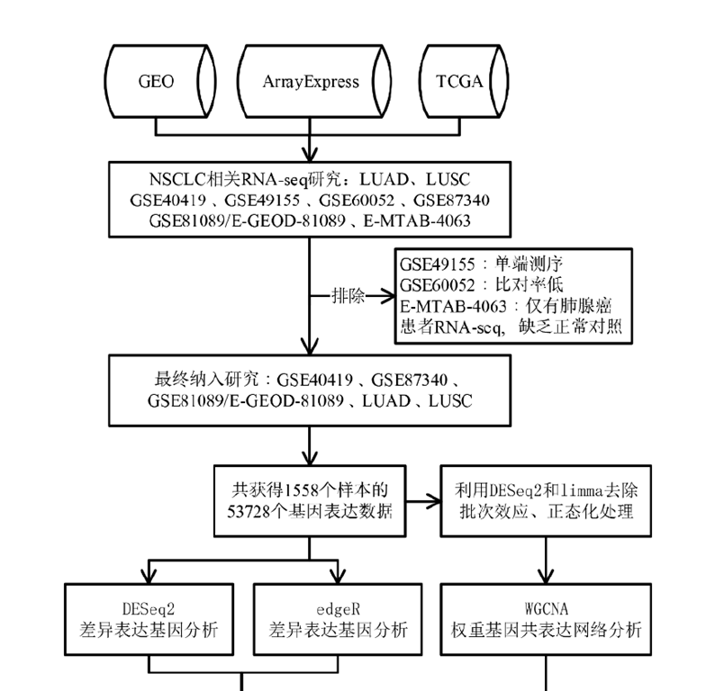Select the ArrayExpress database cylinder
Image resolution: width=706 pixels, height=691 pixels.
[311, 82]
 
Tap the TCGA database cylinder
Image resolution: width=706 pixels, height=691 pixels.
[459, 82]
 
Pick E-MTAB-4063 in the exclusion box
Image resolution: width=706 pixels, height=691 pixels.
[451, 307]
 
